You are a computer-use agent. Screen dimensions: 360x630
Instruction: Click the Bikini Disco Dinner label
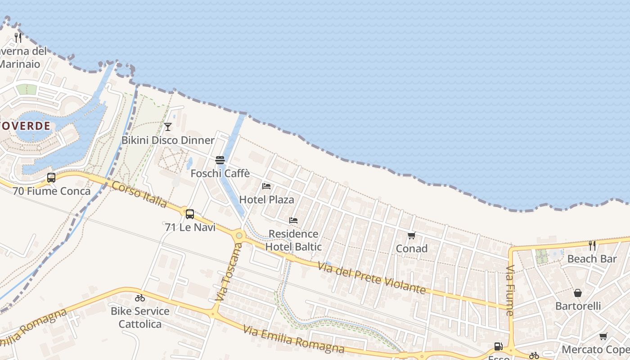click(x=168, y=140)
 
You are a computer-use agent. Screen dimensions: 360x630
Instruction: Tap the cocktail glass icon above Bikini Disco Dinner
click(x=168, y=127)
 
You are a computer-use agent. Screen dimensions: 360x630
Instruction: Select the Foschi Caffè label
click(x=220, y=174)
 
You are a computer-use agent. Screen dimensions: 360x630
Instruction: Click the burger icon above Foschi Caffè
click(x=220, y=160)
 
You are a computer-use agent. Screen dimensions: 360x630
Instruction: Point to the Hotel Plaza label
click(x=266, y=199)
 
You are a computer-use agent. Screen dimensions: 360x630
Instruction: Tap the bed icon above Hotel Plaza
click(x=266, y=186)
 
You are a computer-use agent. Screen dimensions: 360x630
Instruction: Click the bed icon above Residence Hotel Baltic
click(x=293, y=220)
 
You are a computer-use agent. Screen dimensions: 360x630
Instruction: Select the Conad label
click(x=411, y=248)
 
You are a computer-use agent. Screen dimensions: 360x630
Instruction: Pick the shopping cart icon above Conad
click(x=411, y=235)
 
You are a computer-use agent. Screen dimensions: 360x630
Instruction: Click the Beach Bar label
click(x=592, y=259)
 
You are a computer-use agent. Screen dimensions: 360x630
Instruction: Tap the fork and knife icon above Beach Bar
click(x=592, y=246)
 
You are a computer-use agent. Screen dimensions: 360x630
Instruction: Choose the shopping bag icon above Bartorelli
click(x=578, y=293)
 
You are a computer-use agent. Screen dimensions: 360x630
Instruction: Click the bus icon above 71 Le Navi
click(x=190, y=214)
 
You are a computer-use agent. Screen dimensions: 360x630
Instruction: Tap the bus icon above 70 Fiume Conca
click(x=51, y=178)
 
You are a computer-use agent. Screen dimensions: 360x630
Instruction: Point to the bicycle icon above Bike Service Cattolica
click(x=140, y=298)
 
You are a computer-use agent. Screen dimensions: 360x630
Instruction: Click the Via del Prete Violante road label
click(x=371, y=278)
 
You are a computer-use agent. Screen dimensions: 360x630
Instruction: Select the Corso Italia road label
click(x=139, y=194)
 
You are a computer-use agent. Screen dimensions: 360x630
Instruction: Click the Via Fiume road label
click(x=510, y=290)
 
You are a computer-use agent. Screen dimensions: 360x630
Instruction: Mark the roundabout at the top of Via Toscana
click(x=239, y=235)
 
